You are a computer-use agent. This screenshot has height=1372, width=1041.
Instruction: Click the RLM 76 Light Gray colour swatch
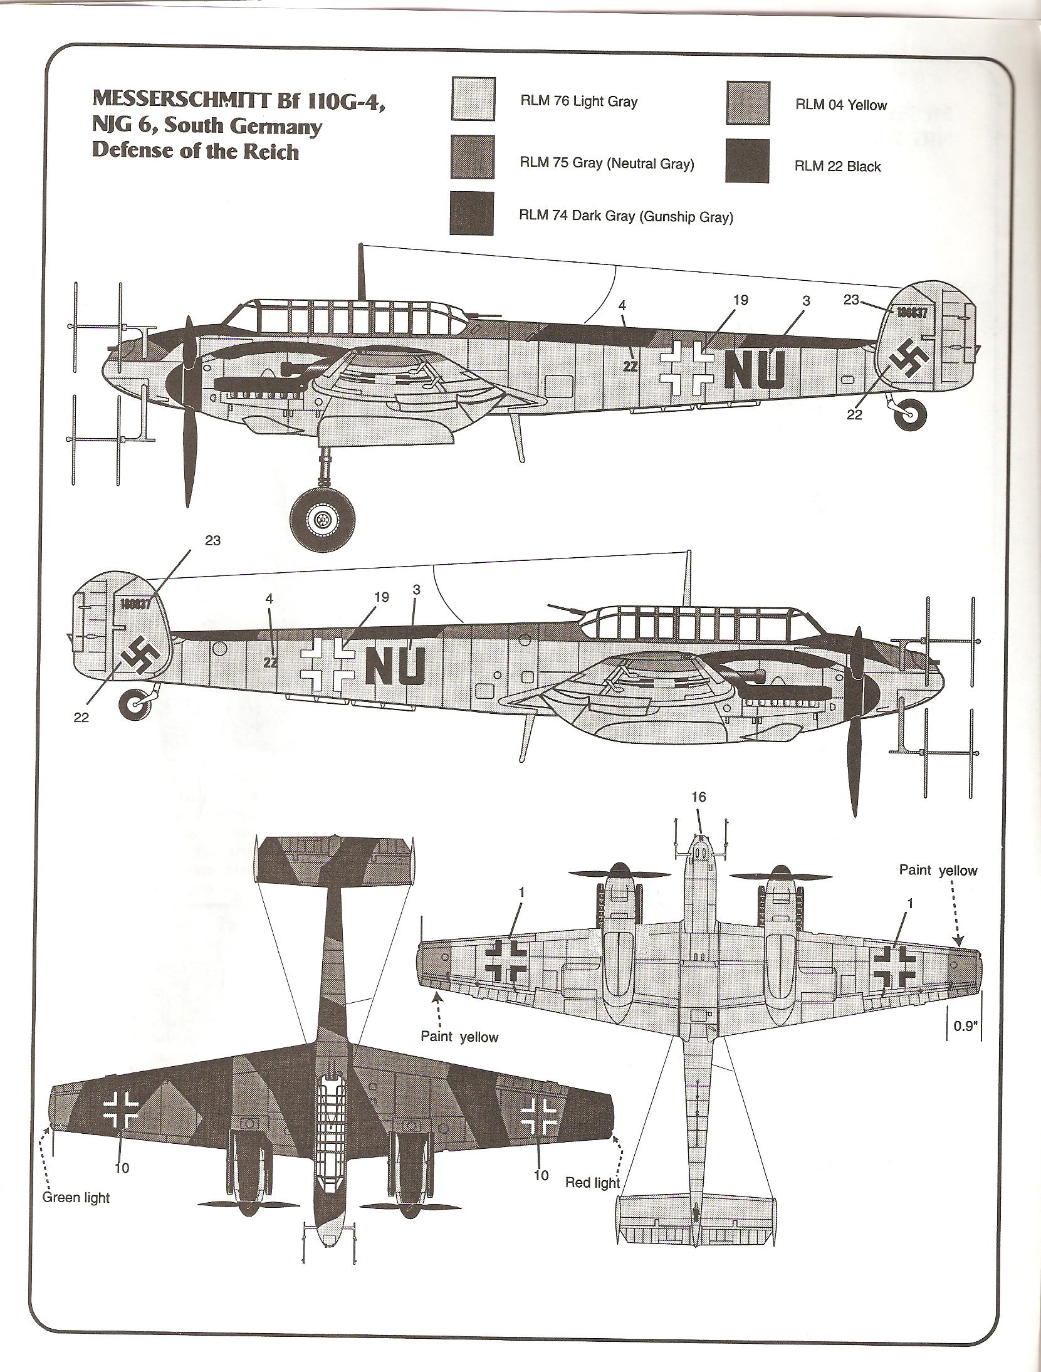pyautogui.click(x=473, y=99)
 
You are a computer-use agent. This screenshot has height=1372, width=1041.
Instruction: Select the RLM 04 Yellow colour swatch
pyautogui.click(x=748, y=102)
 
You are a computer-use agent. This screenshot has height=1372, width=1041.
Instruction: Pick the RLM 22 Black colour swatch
pyautogui.click(x=748, y=160)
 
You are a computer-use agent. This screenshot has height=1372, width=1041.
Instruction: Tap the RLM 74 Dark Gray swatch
pyautogui.click(x=471, y=213)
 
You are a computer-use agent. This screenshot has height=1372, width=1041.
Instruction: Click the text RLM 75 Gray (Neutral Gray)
pyautogui.click(x=607, y=164)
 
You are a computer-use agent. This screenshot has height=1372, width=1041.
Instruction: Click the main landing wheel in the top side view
pyautogui.click(x=322, y=519)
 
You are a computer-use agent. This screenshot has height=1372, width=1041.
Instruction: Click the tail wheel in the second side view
pyautogui.click(x=135, y=705)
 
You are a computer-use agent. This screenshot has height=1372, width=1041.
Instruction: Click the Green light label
pyautogui.click(x=76, y=1198)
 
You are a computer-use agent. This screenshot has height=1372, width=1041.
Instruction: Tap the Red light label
pyautogui.click(x=592, y=1182)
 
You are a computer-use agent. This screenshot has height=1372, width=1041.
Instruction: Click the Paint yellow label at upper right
pyautogui.click(x=938, y=870)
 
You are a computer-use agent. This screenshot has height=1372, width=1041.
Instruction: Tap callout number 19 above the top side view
pyautogui.click(x=741, y=300)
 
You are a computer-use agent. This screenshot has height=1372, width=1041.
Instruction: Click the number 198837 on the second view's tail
pyautogui.click(x=137, y=603)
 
